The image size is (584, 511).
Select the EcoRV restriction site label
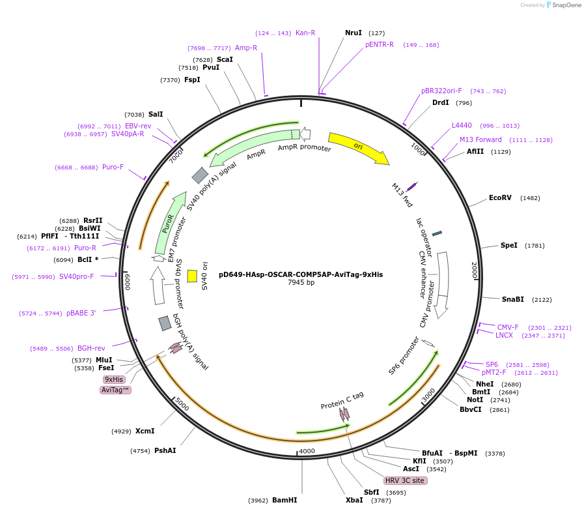click(500, 197)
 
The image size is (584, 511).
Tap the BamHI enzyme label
click(285, 500)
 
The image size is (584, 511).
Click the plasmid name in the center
click(301, 274)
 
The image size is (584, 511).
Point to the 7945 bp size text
click(301, 283)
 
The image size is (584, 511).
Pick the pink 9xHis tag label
click(114, 379)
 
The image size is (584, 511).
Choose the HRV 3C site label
click(405, 480)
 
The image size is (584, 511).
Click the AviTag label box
click(116, 390)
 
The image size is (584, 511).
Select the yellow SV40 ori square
click(192, 276)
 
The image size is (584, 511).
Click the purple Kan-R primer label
click(305, 33)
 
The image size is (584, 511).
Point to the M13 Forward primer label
click(480, 139)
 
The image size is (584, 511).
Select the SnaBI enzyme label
click(512, 299)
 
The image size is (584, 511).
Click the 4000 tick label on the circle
click(306, 451)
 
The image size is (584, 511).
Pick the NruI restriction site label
click(353, 33)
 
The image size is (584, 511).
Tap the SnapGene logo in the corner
click(563, 5)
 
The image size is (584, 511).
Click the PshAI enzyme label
click(165, 450)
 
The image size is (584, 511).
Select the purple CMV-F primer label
click(508, 327)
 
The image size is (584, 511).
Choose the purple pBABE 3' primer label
click(81, 313)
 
